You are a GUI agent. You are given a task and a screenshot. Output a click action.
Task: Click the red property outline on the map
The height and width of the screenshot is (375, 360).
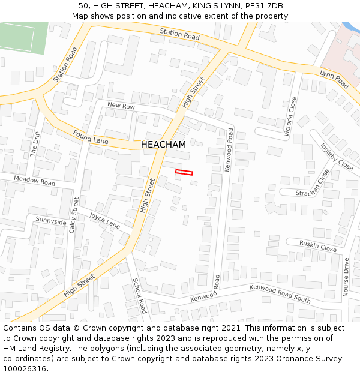[x=184, y=173]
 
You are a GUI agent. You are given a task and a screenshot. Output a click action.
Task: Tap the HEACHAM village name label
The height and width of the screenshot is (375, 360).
[x=163, y=145]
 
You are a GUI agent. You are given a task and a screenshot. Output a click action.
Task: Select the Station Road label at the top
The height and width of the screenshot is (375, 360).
[x=179, y=34]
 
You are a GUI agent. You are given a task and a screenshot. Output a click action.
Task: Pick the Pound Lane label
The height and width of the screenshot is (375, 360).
[x=91, y=137]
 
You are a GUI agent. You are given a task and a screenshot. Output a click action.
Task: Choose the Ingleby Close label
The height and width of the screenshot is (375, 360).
[x=337, y=156]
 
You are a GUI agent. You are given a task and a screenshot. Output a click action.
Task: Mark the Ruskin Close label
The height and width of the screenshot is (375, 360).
[x=319, y=246]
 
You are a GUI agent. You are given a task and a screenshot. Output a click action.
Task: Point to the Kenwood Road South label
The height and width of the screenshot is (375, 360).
[x=280, y=294]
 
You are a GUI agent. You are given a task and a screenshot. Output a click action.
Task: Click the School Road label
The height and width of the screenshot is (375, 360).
[x=139, y=296]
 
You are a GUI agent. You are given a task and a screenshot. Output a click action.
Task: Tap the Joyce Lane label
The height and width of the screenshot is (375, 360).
[x=104, y=221]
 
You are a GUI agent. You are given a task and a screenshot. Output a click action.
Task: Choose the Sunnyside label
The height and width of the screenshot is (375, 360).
[x=51, y=221]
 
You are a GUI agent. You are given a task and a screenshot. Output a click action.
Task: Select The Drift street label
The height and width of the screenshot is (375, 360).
[x=35, y=144]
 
